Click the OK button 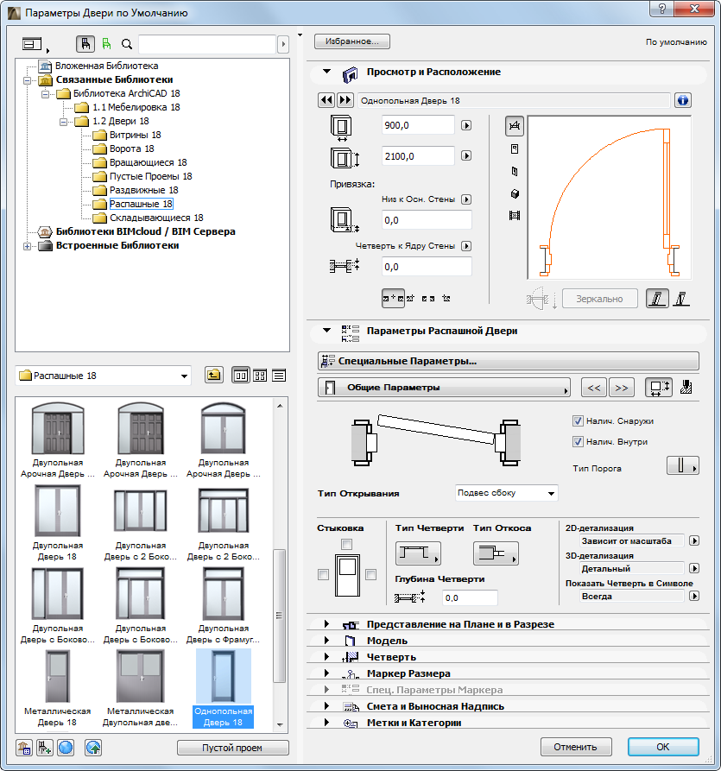pyautogui.click(x=662, y=747)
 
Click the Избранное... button pyautogui.click(x=352, y=41)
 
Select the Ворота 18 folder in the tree pyautogui.click(x=131, y=149)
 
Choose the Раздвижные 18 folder pyautogui.click(x=143, y=190)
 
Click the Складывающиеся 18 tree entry pyautogui.click(x=156, y=218)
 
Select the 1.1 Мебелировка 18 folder pyautogui.click(x=136, y=107)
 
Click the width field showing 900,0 pyautogui.click(x=417, y=125)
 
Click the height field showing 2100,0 pyautogui.click(x=417, y=156)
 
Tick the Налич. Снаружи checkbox pyautogui.click(x=579, y=421)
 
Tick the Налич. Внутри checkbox pyautogui.click(x=579, y=442)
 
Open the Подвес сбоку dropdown pyautogui.click(x=506, y=493)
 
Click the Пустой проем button pyautogui.click(x=232, y=748)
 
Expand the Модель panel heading pyautogui.click(x=387, y=641)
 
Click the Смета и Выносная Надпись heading pyautogui.click(x=435, y=706)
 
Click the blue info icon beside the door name pyautogui.click(x=683, y=100)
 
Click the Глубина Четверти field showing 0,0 pyautogui.click(x=469, y=597)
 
